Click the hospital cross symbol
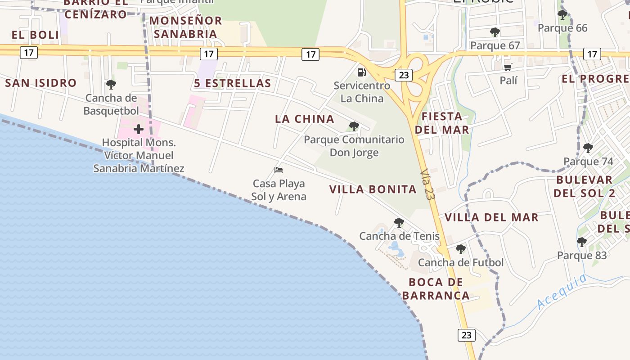(x=139, y=130)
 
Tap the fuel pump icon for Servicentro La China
(x=361, y=72)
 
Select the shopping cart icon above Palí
(x=508, y=67)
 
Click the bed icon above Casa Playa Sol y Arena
(x=279, y=170)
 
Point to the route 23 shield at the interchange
(x=404, y=75)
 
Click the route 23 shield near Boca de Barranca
(x=466, y=335)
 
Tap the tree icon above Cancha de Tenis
(x=399, y=222)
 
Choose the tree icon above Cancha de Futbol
(x=460, y=249)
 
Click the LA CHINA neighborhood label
(x=305, y=119)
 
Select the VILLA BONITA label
(x=373, y=189)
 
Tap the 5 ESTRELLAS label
(x=233, y=83)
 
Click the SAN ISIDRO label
(x=41, y=83)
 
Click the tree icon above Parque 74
(x=588, y=148)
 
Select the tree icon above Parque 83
(x=582, y=242)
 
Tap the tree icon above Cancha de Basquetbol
(x=111, y=84)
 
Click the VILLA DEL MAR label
(x=491, y=217)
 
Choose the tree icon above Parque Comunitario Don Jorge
(x=354, y=126)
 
